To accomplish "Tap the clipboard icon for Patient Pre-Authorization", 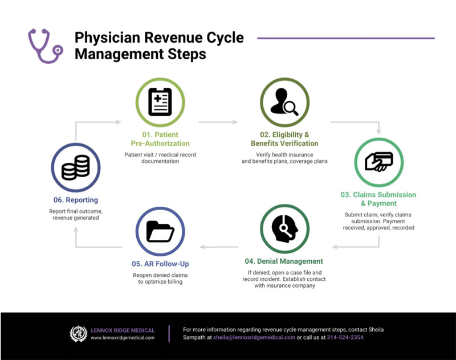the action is pos(160,102).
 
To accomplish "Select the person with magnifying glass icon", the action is pos(284,102).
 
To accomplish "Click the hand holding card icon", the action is pos(379,162).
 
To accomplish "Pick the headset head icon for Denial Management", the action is pos(284,229).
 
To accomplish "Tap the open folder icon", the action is pos(160,232).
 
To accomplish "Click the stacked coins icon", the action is pos(76,167).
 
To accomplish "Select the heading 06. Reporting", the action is pos(76,200).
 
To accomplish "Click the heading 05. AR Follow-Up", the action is pos(160,264).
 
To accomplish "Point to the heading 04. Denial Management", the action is pos(284,261).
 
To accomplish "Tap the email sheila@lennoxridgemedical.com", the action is pos(254,337).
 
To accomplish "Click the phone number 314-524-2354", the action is pos(345,337).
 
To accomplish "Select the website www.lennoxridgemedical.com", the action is pos(123,338).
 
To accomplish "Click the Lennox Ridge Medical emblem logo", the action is pos(79,334).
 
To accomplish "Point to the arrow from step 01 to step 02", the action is pos(218,122).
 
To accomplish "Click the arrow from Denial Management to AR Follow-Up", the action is pos(219,247).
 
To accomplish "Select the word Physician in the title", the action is pos(107,38).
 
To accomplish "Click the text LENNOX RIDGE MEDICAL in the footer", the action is pos(123,330).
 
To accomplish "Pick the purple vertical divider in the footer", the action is pos(169,334).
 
